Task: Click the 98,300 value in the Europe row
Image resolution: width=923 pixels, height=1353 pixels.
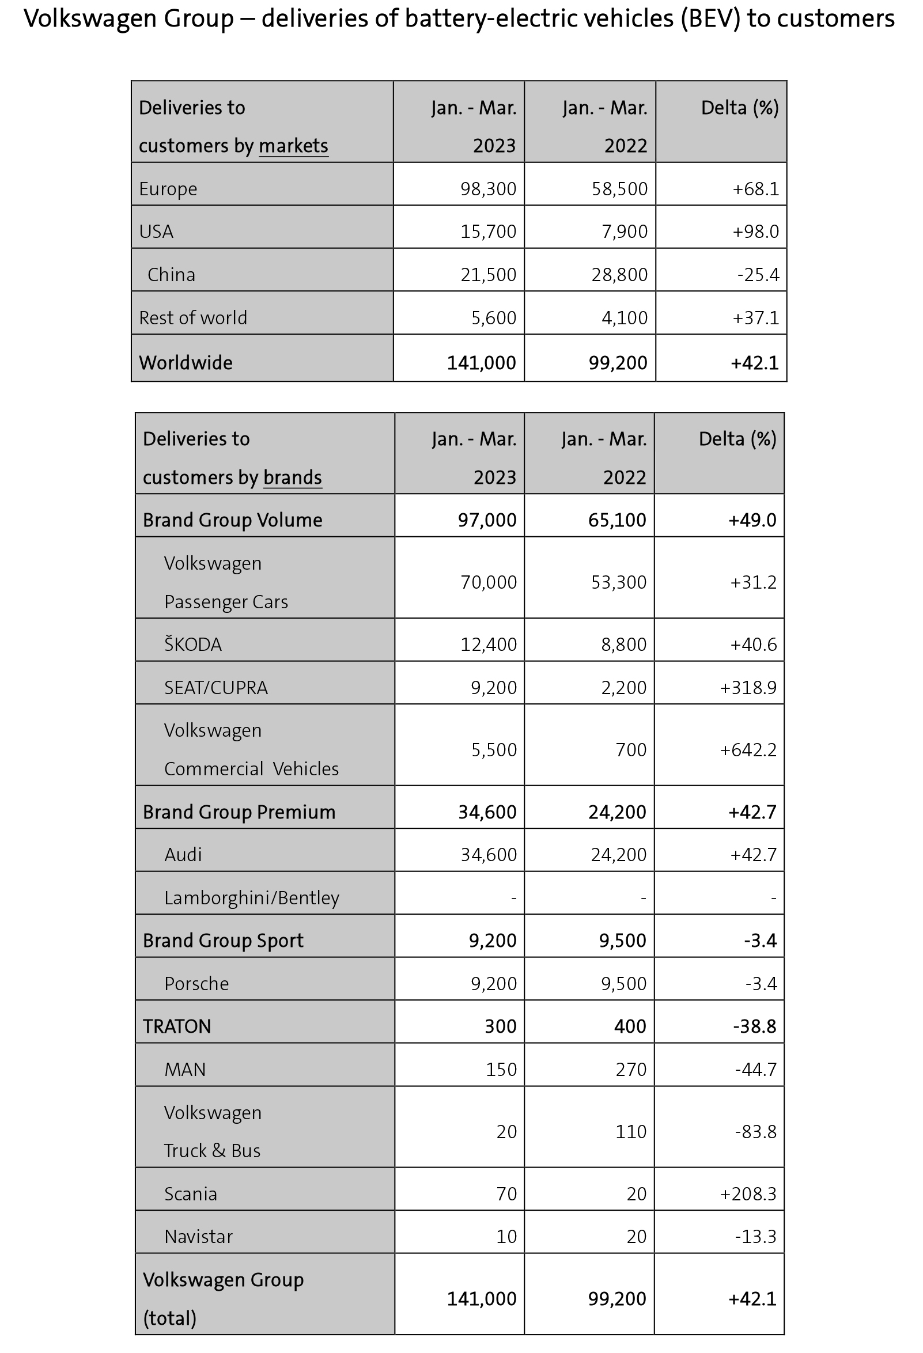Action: pos(488,188)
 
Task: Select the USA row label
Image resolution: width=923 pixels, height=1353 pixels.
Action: pos(156,232)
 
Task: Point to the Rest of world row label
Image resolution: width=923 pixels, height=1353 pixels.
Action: pos(193,317)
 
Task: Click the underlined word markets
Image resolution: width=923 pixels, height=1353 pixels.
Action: pos(293,146)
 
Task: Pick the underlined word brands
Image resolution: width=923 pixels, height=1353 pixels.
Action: pos(292,477)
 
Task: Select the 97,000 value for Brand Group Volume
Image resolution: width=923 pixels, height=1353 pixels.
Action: pos(487,520)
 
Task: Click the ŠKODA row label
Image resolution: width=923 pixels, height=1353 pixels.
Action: pos(193,645)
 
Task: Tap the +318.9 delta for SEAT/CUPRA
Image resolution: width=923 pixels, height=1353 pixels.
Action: pos(748,688)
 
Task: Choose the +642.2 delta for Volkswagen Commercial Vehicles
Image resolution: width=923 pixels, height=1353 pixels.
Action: pos(748,749)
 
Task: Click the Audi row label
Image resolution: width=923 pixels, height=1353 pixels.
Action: pos(183,855)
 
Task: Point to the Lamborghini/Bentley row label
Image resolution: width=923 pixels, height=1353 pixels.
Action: pos(252,898)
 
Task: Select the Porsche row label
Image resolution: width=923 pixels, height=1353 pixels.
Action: pos(196,983)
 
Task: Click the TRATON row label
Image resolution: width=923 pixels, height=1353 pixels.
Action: pos(177,1026)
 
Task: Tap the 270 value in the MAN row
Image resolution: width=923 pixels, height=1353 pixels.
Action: pos(631,1069)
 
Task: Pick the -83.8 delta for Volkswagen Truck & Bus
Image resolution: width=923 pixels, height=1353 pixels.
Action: pos(755,1131)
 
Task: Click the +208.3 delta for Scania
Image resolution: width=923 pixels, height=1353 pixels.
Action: pos(748,1193)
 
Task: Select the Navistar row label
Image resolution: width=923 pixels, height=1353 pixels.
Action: pos(198,1236)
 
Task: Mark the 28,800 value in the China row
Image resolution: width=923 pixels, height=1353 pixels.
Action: pos(619,274)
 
